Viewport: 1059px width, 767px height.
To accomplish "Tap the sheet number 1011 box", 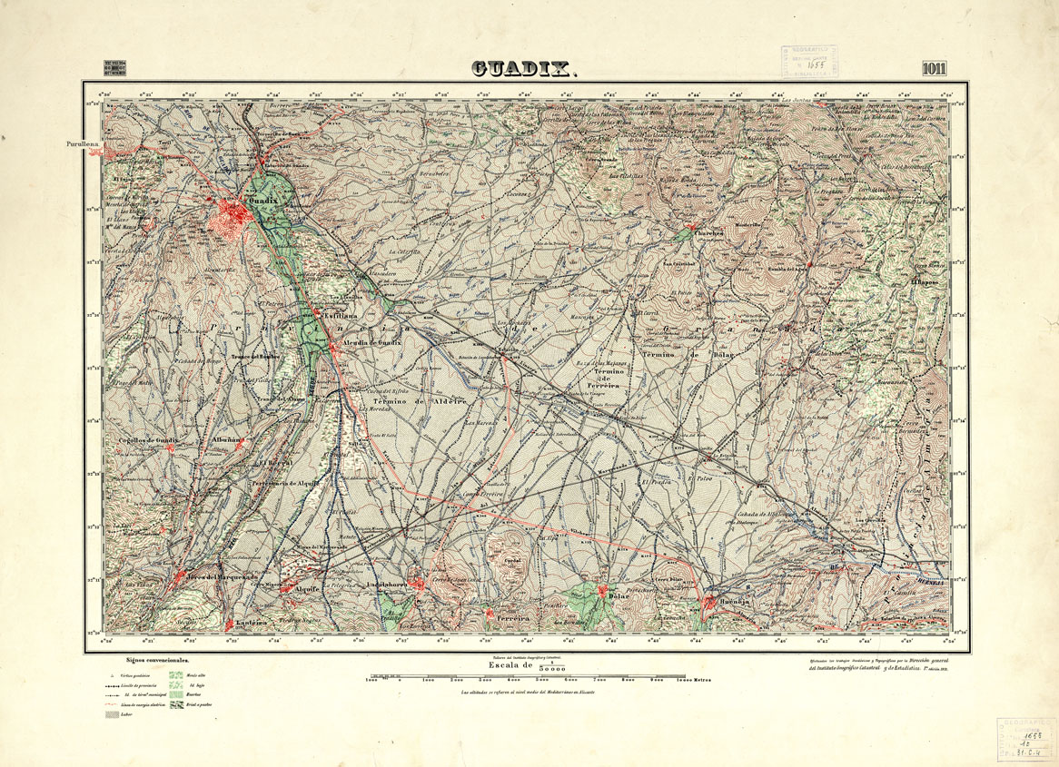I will [938, 69].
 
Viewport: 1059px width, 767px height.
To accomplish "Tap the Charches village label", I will [709, 232].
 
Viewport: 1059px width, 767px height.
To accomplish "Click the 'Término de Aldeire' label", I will [415, 400].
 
